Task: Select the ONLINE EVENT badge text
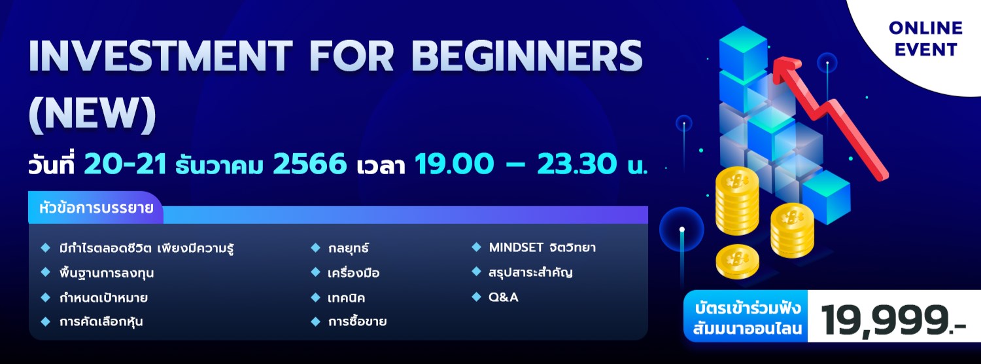tap(925, 39)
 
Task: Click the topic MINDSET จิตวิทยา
tap(542, 248)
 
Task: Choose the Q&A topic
tap(504, 297)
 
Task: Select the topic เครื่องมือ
tap(354, 273)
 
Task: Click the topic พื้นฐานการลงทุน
tap(106, 273)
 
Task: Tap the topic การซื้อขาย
tap(357, 321)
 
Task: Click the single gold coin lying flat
tap(737, 261)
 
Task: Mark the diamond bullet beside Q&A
tap(476, 297)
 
